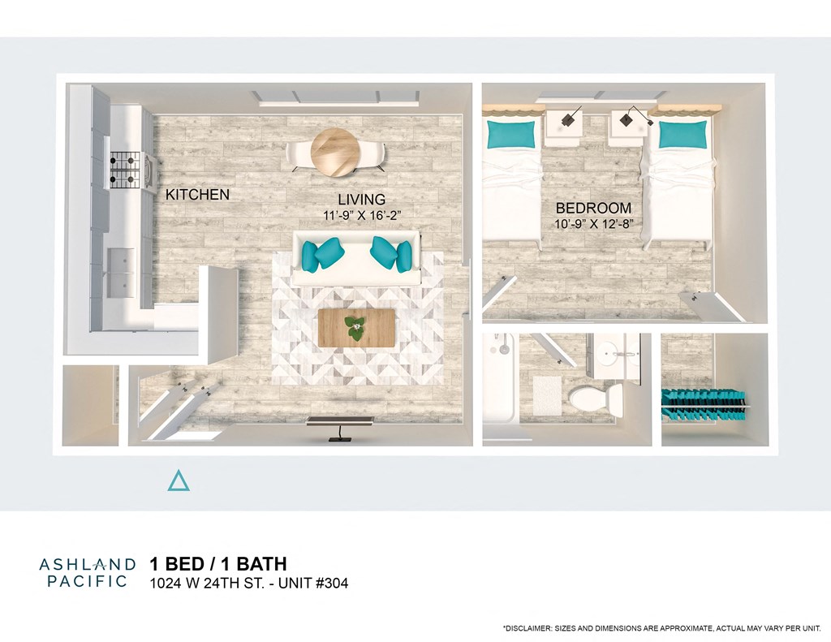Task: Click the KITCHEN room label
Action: [x=197, y=195]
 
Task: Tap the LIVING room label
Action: [x=361, y=200]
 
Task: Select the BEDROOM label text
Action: [x=593, y=207]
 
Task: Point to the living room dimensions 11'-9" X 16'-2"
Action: [x=361, y=215]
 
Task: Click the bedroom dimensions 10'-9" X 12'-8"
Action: [x=593, y=223]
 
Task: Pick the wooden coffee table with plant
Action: [x=356, y=327]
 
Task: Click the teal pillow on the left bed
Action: [x=510, y=134]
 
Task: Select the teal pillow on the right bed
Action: [x=682, y=135]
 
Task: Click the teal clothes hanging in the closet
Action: [x=703, y=406]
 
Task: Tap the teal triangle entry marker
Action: [x=179, y=481]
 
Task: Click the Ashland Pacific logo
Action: [x=84, y=571]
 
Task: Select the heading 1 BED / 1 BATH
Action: [x=217, y=564]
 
